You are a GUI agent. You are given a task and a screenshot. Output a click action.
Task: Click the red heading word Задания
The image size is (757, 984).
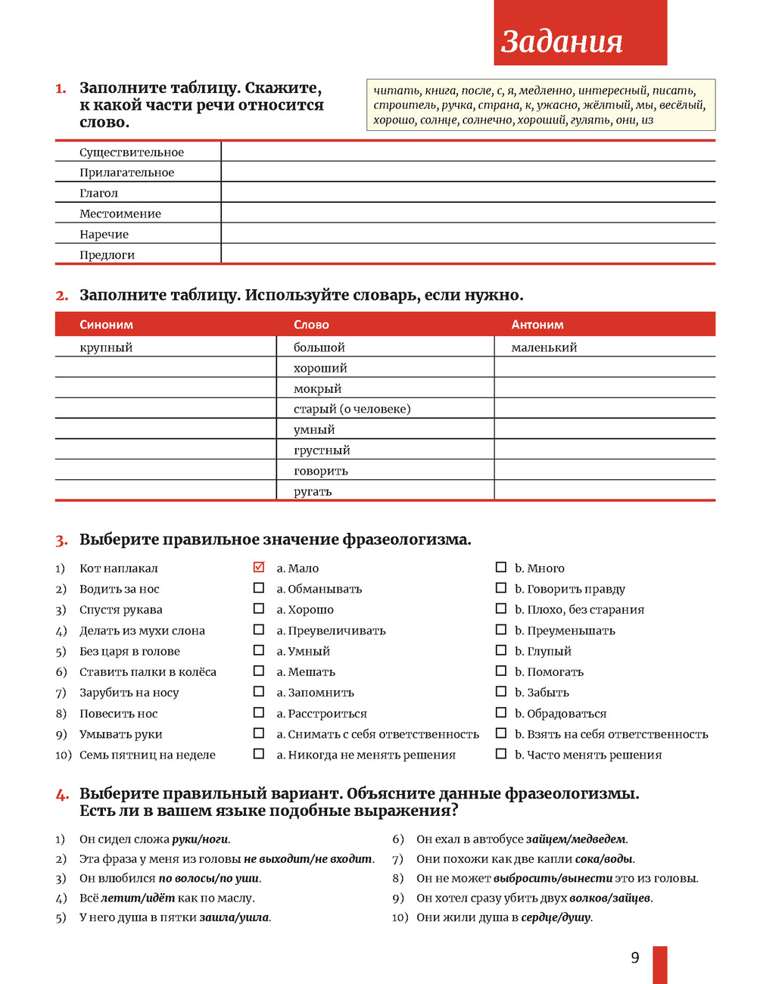tap(562, 42)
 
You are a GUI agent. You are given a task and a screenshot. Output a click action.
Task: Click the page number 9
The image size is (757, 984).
tap(635, 958)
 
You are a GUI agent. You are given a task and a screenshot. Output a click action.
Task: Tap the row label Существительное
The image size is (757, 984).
tap(132, 152)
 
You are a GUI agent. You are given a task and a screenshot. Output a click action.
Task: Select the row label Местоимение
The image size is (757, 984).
tap(120, 213)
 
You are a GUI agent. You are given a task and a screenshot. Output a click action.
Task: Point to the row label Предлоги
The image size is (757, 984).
tap(107, 255)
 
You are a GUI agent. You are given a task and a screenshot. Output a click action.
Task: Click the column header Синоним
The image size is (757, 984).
tap(106, 325)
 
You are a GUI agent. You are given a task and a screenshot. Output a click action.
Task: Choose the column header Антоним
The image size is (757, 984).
tap(537, 325)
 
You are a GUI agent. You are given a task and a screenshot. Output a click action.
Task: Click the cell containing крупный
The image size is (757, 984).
tap(106, 347)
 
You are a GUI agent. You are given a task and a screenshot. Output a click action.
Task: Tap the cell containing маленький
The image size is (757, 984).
tap(544, 347)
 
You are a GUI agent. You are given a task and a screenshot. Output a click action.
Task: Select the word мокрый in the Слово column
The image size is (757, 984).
tap(318, 388)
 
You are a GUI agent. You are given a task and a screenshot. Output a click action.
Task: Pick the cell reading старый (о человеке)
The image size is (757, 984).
tap(352, 409)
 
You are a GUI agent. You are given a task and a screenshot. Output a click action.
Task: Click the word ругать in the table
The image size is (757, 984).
tap(313, 491)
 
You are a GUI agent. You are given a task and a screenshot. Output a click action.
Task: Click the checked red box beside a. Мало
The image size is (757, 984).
tap(259, 567)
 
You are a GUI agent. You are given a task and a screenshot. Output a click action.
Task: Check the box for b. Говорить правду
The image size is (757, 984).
tap(501, 588)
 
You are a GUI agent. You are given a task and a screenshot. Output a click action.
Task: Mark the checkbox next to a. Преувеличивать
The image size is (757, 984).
tap(259, 630)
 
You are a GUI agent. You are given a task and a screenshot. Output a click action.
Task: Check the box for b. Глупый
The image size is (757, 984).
tap(501, 650)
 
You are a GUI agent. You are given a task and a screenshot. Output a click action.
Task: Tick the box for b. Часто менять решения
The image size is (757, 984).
tap(501, 754)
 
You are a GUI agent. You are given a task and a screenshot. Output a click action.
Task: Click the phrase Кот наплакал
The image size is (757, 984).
tap(119, 568)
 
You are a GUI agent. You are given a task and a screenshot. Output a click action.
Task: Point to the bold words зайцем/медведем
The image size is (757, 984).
tap(576, 839)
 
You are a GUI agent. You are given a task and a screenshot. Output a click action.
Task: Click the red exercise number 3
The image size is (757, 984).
tap(61, 540)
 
